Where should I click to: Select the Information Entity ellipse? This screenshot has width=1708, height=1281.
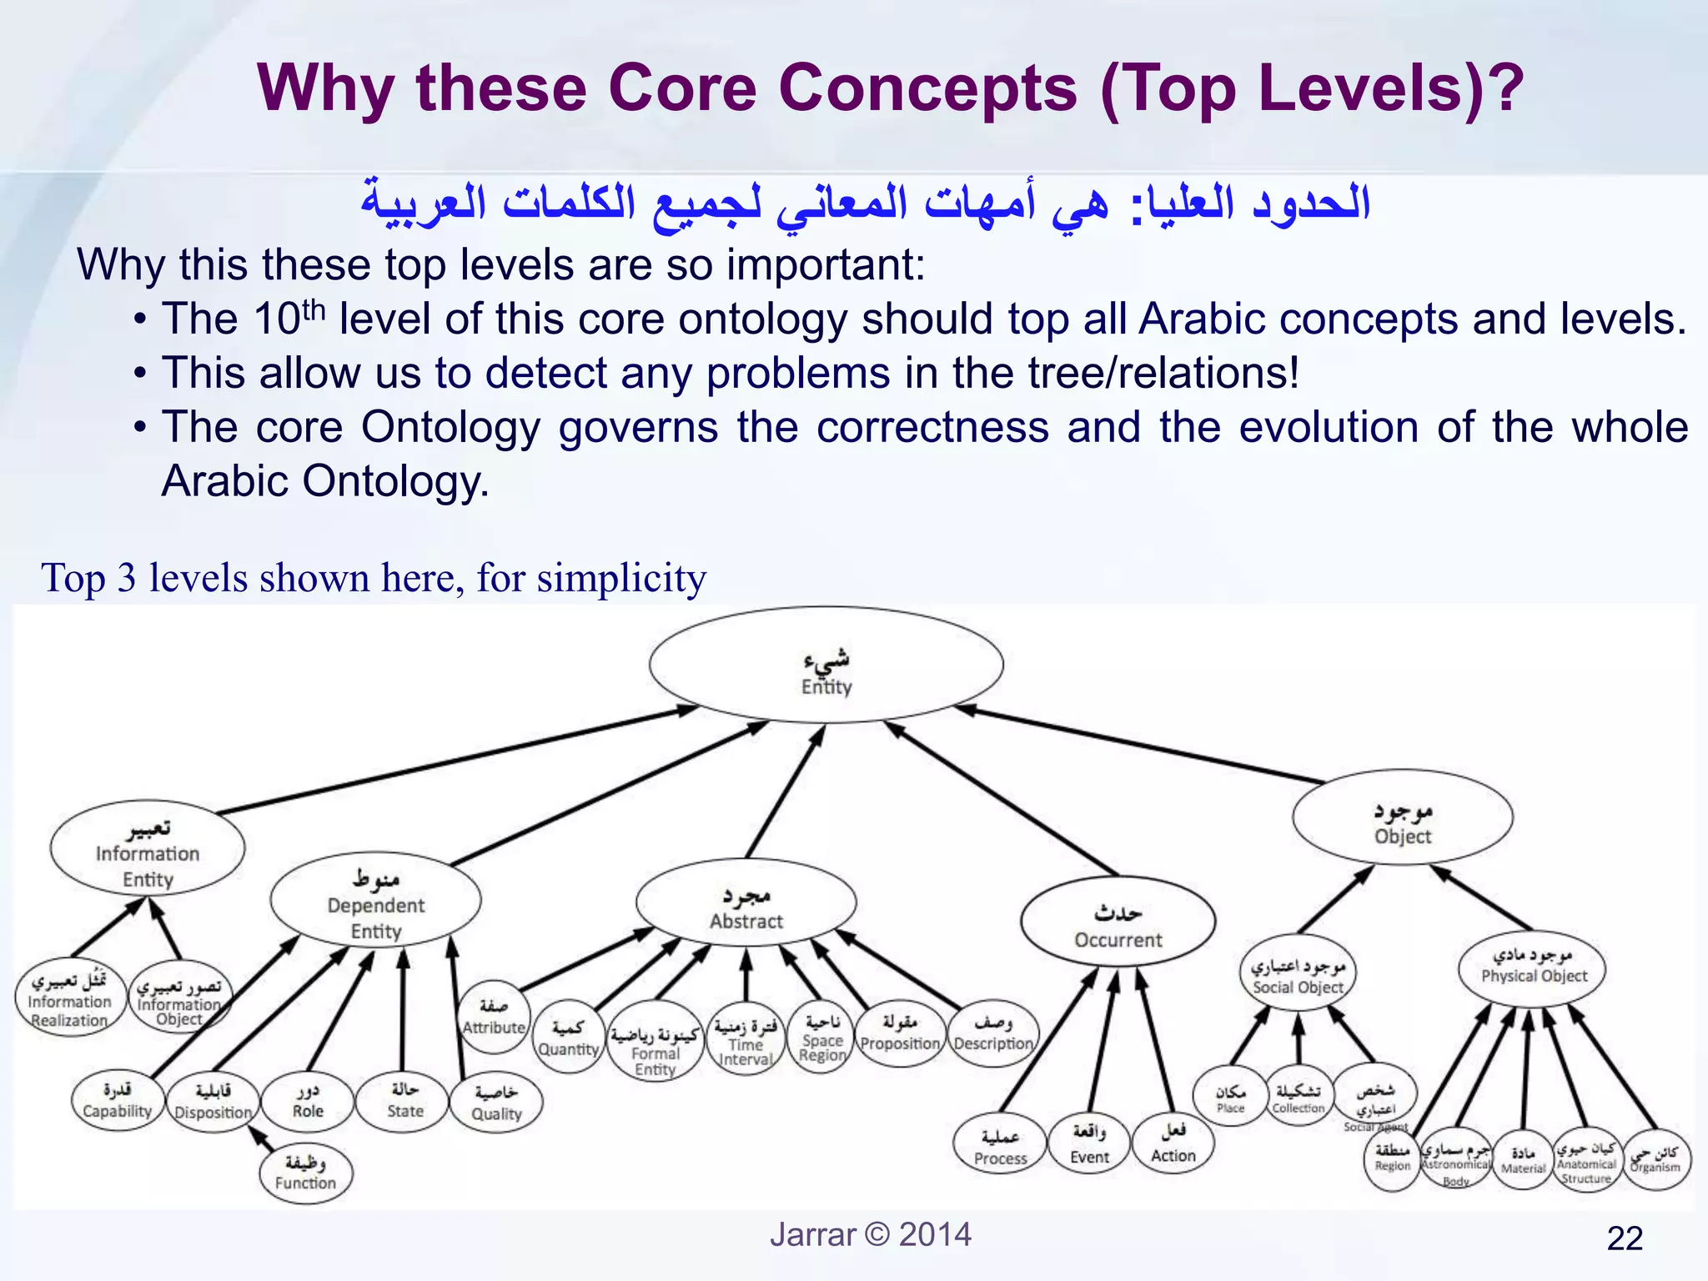point(148,848)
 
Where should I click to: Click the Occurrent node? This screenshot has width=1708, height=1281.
point(1118,921)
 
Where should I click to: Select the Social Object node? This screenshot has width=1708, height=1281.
point(1298,973)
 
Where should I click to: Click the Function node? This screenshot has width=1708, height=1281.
point(305,1173)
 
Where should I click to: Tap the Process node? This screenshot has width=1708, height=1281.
point(1000,1146)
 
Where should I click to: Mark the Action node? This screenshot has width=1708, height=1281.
point(1173,1142)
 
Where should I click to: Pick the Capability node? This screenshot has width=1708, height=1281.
point(118,1100)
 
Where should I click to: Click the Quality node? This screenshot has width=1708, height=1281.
point(496,1103)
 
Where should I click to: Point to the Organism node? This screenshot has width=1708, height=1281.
point(1655,1158)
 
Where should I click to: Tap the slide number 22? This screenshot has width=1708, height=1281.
point(1625,1238)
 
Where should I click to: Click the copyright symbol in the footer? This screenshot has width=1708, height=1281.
point(877,1234)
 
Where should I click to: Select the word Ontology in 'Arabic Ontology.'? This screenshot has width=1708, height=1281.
point(395,481)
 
